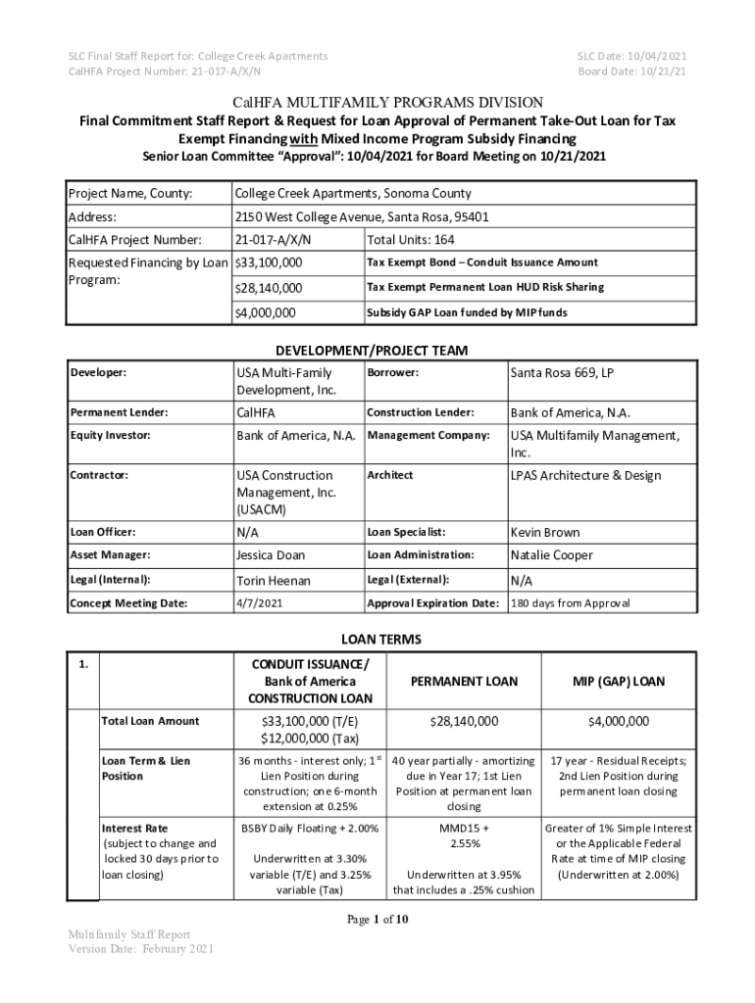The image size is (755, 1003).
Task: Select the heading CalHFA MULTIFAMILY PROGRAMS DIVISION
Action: click(380, 103)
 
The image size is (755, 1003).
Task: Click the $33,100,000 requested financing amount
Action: click(269, 263)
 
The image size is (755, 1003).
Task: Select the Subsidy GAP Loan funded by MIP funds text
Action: click(467, 313)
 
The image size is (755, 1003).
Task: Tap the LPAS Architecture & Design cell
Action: click(585, 475)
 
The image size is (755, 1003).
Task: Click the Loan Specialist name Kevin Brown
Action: click(544, 532)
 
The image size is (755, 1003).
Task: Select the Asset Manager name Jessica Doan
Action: click(271, 554)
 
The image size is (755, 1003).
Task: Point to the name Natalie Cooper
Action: click(551, 554)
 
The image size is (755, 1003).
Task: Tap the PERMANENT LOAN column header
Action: click(463, 681)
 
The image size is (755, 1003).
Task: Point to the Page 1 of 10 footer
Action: click(377, 919)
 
